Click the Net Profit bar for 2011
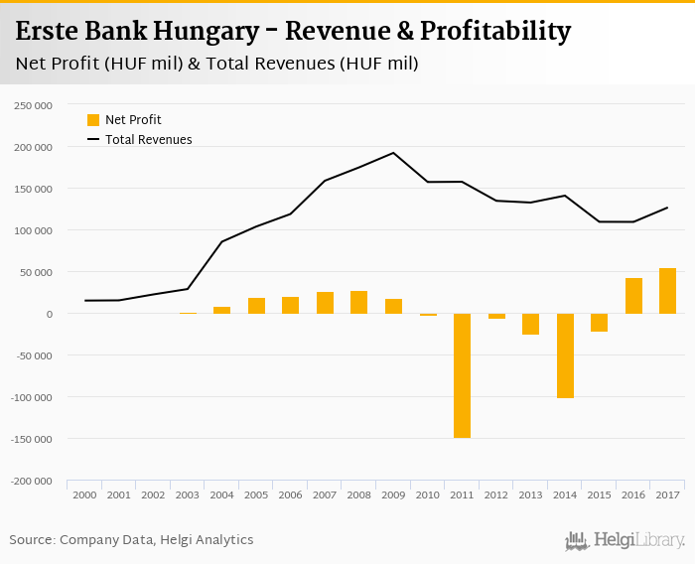pyautogui.click(x=462, y=375)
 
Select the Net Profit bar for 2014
pyautogui.click(x=565, y=355)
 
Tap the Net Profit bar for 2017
pyautogui.click(x=667, y=291)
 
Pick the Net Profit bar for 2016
pyautogui.click(x=633, y=296)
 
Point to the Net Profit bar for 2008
pyautogui.click(x=358, y=302)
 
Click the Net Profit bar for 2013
pyautogui.click(x=531, y=324)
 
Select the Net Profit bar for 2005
pyautogui.click(x=256, y=306)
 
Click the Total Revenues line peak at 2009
pyautogui.click(x=393, y=153)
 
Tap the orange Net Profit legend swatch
pyautogui.click(x=93, y=120)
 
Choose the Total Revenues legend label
pyautogui.click(x=148, y=140)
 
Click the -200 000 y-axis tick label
pyautogui.click(x=33, y=481)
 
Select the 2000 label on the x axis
pyautogui.click(x=84, y=494)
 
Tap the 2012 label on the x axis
pyautogui.click(x=496, y=494)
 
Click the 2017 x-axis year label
pyautogui.click(x=667, y=494)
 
